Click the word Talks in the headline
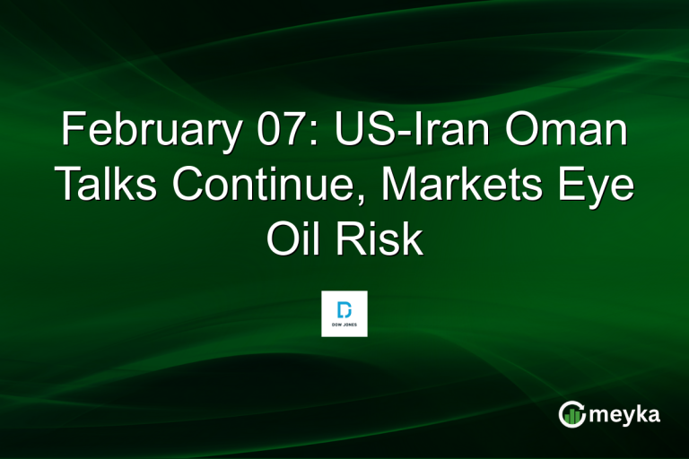(x=109, y=186)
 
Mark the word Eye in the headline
(x=600, y=186)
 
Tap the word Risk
(x=380, y=239)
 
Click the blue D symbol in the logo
(x=344, y=307)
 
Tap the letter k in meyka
(x=638, y=413)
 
